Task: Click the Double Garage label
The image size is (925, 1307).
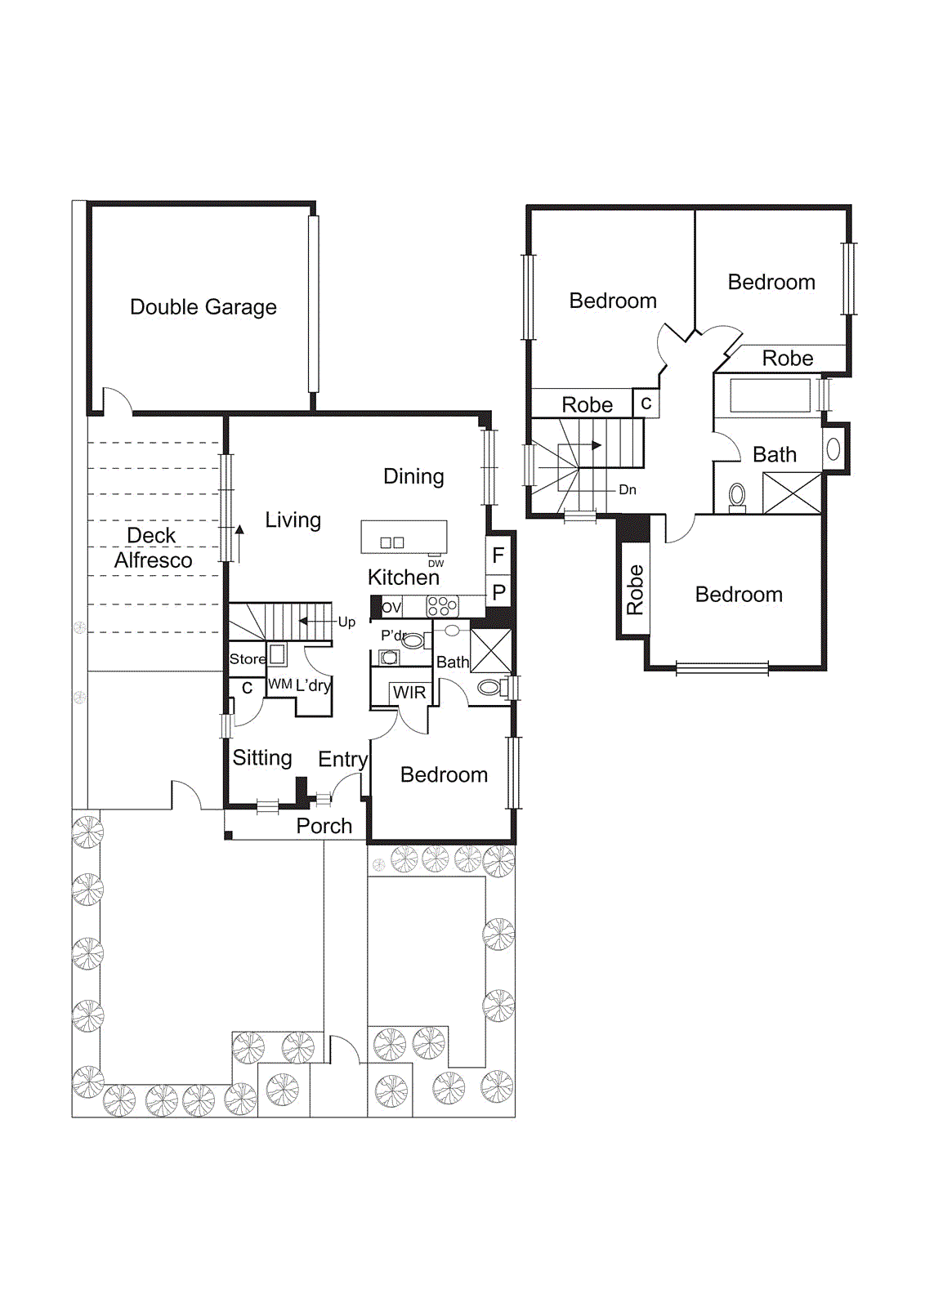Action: click(x=203, y=307)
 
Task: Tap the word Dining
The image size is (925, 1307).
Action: click(x=413, y=476)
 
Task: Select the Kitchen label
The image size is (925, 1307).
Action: click(x=403, y=578)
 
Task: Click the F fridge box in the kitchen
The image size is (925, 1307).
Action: click(x=498, y=556)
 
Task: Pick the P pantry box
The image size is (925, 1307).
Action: click(x=498, y=592)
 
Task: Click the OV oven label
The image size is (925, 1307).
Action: click(x=391, y=607)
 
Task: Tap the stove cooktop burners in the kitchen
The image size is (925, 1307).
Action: click(x=442, y=606)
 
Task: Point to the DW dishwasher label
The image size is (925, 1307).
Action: click(x=436, y=564)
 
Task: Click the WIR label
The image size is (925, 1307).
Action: click(x=409, y=693)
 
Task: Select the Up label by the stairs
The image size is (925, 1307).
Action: click(x=346, y=622)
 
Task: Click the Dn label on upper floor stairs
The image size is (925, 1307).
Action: click(x=628, y=489)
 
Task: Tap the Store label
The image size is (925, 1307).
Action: click(x=248, y=658)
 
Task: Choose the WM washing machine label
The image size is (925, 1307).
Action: click(x=279, y=684)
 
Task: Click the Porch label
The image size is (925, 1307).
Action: click(x=324, y=826)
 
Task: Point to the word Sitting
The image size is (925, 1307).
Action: click(x=262, y=758)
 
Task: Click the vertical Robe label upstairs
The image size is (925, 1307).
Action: click(x=635, y=590)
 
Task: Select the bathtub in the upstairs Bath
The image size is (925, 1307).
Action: click(x=770, y=395)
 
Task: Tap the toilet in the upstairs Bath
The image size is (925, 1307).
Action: click(x=737, y=496)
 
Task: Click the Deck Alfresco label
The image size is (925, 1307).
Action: click(x=153, y=548)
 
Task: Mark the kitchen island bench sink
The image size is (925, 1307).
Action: click(x=392, y=542)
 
